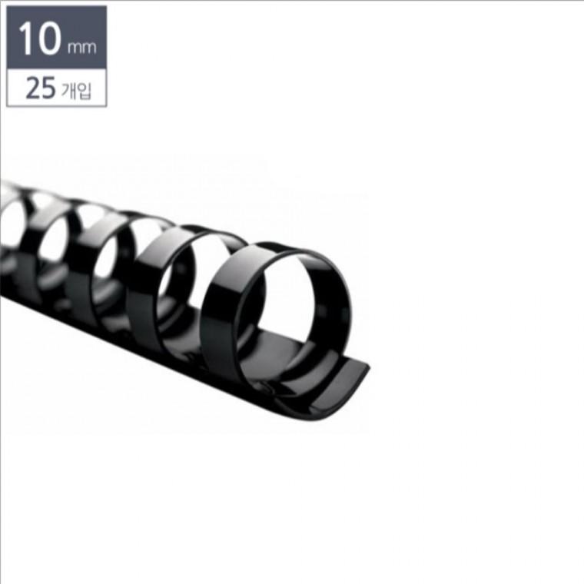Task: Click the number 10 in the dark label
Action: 39,38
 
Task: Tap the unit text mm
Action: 81,48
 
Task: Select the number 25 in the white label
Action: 40,88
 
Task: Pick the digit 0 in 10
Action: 48,38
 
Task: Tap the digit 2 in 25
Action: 32,88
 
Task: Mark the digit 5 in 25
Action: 48,88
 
